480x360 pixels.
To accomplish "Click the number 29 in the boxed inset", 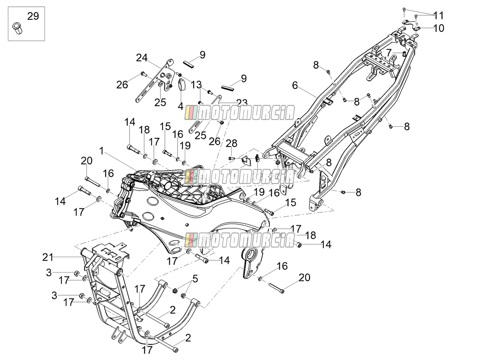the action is [x=33, y=16].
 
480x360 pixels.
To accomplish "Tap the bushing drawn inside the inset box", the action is [x=17, y=28].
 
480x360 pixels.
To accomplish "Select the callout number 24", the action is [x=142, y=58].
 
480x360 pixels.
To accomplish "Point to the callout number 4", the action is [x=180, y=106].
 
